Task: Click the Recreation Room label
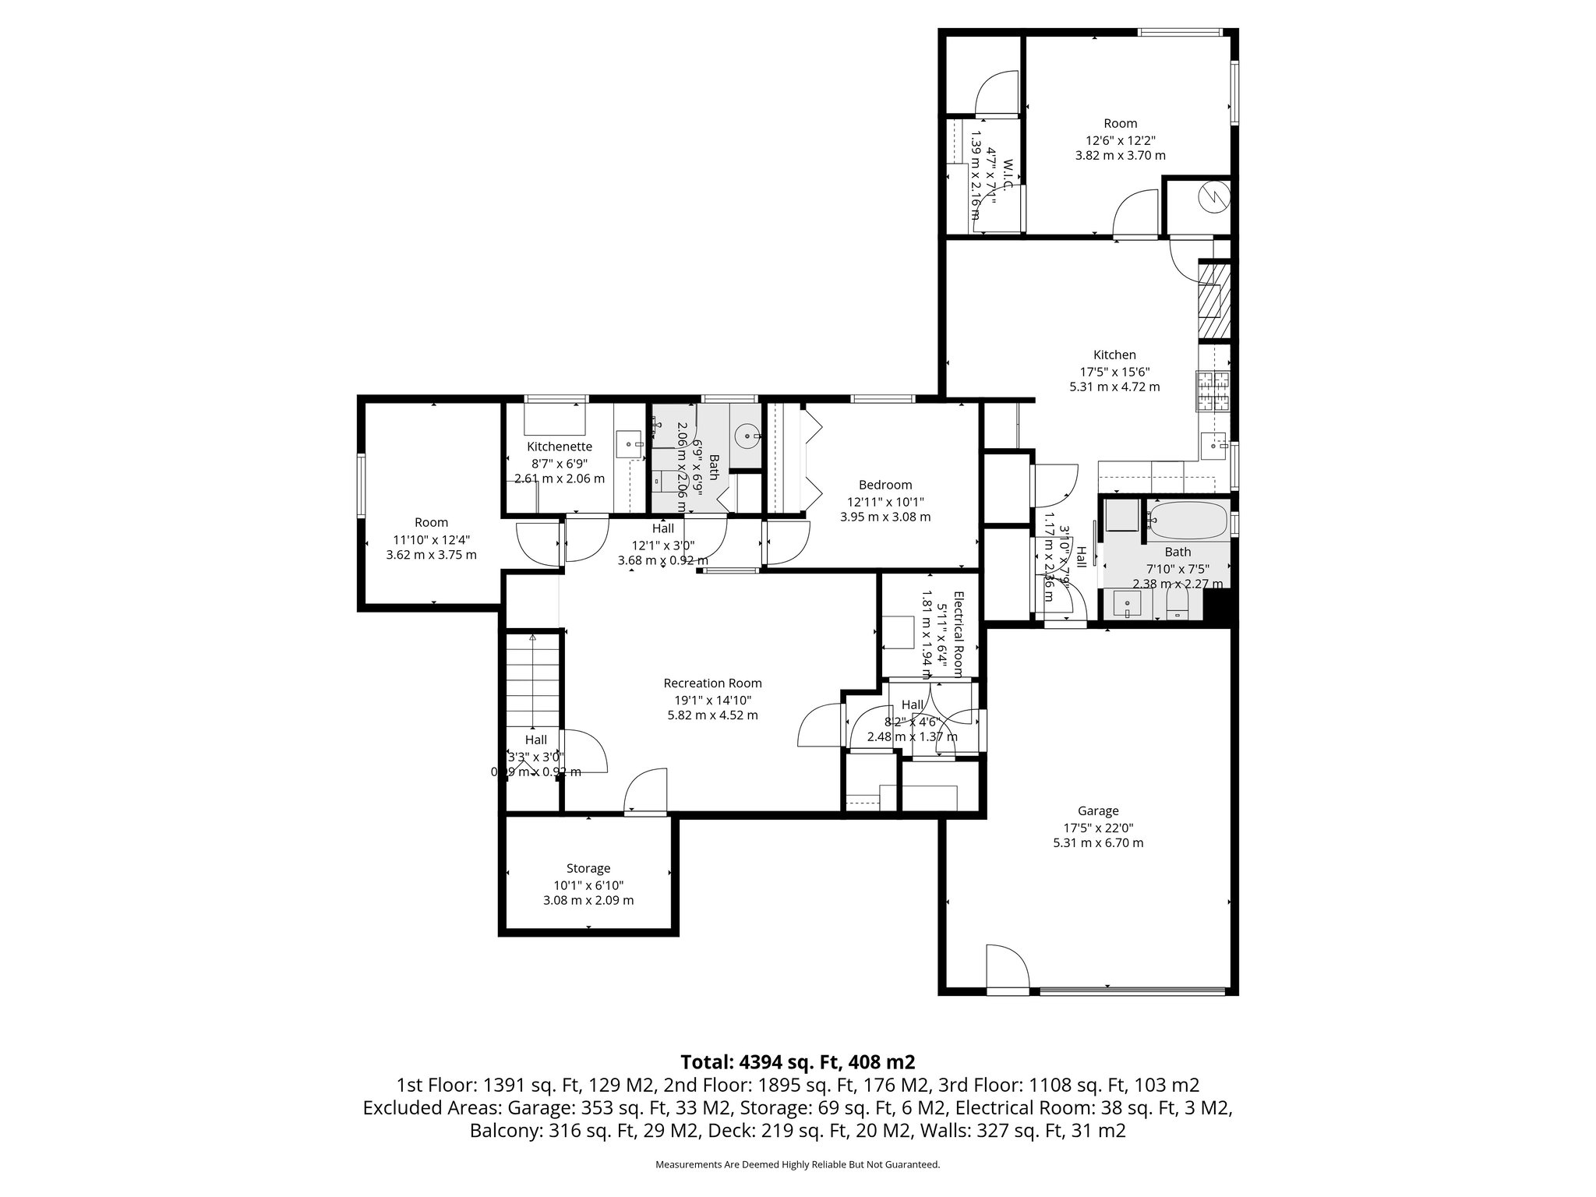pyautogui.click(x=712, y=683)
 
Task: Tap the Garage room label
pyautogui.click(x=1098, y=810)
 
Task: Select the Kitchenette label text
pyautogui.click(x=560, y=447)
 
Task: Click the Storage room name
pyautogui.click(x=588, y=868)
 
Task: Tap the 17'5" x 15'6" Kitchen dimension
pyautogui.click(x=1114, y=372)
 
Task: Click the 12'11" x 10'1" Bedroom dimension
pyautogui.click(x=885, y=502)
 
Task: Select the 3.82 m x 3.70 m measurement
pyautogui.click(x=1120, y=155)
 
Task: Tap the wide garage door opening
pyautogui.click(x=1138, y=991)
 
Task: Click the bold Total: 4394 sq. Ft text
pyautogui.click(x=797, y=1062)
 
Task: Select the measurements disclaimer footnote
pyautogui.click(x=797, y=1165)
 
